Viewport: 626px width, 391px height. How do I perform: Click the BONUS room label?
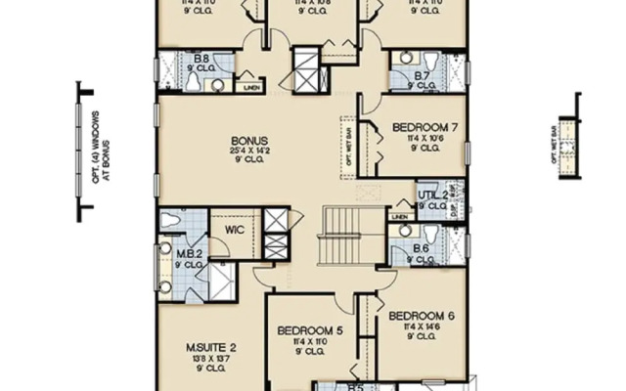coord(249,139)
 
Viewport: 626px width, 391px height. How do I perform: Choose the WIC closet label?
coord(235,231)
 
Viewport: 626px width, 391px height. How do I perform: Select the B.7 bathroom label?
coord(422,74)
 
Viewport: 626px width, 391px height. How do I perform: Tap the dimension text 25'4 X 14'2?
coord(249,151)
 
